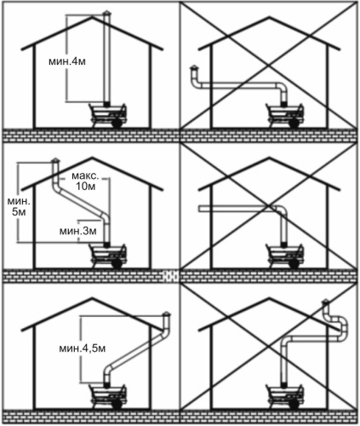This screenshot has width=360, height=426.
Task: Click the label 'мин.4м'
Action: pyautogui.click(x=67, y=61)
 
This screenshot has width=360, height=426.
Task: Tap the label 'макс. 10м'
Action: pyautogui.click(x=85, y=181)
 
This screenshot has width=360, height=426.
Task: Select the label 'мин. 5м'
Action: pyautogui.click(x=19, y=206)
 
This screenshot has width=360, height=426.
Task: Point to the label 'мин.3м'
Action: pyautogui.click(x=78, y=231)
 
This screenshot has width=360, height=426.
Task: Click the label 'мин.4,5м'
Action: pyautogui.click(x=83, y=348)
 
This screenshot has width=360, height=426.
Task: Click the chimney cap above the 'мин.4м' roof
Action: pyautogui.click(x=107, y=14)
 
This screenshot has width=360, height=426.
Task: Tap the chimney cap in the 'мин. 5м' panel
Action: pyautogui.click(x=55, y=161)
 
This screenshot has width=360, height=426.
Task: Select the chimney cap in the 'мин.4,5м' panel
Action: pyautogui.click(x=166, y=314)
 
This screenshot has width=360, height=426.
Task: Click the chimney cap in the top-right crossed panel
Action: pyautogui.click(x=194, y=68)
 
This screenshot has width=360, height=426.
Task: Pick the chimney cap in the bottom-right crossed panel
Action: pyautogui.click(x=326, y=302)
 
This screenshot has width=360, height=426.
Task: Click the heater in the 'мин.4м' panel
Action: pyautogui.click(x=108, y=116)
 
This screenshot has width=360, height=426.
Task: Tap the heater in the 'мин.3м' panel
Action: pyautogui.click(x=108, y=256)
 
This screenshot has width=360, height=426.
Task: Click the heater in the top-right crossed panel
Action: pyautogui.click(x=284, y=116)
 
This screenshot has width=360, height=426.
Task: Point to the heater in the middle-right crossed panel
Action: pyautogui.click(x=284, y=256)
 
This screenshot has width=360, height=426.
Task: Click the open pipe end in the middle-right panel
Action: pyautogui.click(x=200, y=210)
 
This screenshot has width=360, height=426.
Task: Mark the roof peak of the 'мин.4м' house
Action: pyautogui.click(x=92, y=17)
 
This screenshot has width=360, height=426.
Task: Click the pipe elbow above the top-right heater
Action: pyautogui.click(x=283, y=88)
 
